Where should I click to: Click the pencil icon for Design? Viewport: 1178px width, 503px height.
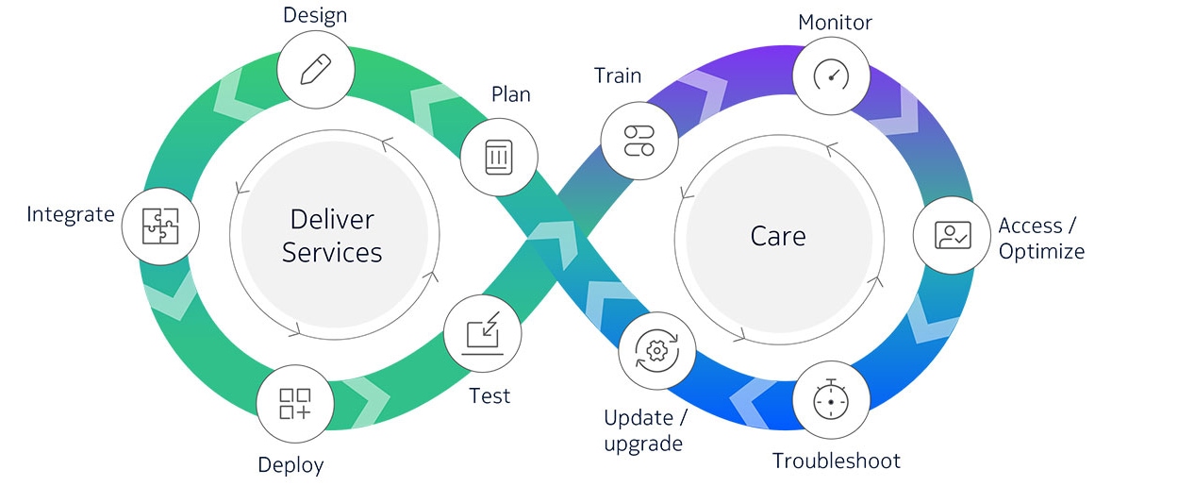[316, 70]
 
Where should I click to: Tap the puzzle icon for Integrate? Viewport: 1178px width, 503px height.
[160, 226]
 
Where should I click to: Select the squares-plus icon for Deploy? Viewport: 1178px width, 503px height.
[295, 404]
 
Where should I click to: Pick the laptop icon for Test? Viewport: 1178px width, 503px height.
[483, 333]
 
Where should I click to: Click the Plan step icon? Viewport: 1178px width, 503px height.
[499, 157]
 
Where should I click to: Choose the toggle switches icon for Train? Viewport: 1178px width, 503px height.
[639, 141]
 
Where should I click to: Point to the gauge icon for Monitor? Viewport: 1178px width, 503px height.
[832, 75]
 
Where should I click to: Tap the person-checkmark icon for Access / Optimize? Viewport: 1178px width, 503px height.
[953, 235]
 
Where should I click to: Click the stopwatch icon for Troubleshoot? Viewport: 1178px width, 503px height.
[831, 399]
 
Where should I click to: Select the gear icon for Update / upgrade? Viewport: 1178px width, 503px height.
[656, 350]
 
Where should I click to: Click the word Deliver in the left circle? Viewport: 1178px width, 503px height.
[332, 219]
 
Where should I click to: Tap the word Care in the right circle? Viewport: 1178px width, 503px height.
[778, 236]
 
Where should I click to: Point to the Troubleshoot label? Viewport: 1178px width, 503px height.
[837, 461]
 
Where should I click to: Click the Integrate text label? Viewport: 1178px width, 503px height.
[71, 214]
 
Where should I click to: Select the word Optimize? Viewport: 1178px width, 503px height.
[1041, 251]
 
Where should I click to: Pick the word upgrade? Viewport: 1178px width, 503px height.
[643, 444]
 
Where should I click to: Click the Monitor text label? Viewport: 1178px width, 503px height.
[835, 23]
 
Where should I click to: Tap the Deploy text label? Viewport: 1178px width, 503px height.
[290, 465]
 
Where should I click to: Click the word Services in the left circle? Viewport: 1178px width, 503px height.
[332, 253]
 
